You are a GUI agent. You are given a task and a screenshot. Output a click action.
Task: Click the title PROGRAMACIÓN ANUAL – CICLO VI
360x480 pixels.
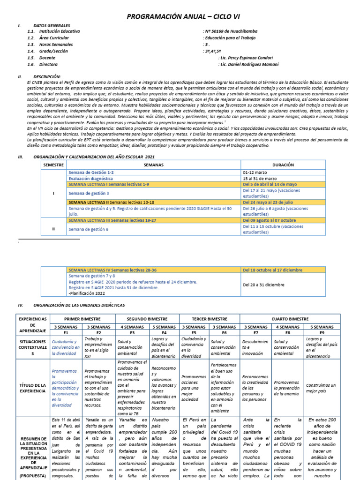[180, 17]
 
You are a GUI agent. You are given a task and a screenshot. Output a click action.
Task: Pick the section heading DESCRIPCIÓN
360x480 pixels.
[47, 76]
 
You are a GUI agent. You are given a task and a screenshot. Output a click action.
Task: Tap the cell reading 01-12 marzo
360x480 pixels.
[255, 172]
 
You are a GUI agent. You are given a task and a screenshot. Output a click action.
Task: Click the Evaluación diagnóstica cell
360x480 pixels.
[90, 179]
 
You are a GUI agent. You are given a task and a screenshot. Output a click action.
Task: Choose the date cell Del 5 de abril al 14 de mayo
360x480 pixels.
[270, 185]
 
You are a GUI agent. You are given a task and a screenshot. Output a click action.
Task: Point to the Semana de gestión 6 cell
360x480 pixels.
[88, 229]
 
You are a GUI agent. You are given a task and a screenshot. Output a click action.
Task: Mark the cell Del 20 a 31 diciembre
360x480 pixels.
[263, 285]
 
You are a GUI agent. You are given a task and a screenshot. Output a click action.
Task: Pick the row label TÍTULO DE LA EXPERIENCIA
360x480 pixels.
[32, 387]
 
